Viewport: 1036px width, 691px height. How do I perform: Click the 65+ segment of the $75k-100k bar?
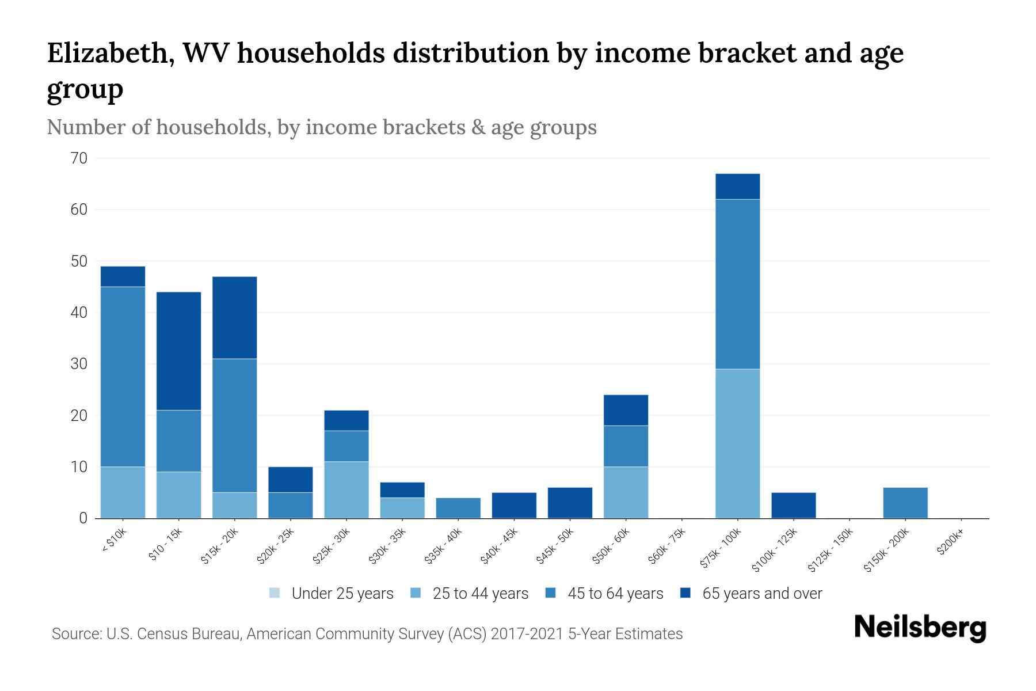point(737,187)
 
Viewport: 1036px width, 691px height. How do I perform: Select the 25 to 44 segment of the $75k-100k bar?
point(737,443)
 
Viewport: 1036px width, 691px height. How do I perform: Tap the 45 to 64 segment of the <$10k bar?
point(123,377)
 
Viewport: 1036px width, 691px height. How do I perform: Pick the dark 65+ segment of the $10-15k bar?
point(178,351)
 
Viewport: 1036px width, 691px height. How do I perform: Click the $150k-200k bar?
point(905,503)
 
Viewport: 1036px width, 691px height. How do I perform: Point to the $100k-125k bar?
point(793,505)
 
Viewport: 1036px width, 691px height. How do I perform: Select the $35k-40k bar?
point(458,508)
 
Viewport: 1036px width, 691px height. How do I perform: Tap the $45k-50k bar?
point(570,503)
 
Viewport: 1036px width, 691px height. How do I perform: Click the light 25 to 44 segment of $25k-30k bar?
point(346,489)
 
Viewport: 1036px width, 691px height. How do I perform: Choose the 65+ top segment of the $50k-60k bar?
point(626,410)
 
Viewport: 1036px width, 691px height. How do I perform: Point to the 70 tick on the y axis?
point(79,158)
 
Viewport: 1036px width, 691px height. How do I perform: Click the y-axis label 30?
point(79,364)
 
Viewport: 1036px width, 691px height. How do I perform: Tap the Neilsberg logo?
point(920,628)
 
